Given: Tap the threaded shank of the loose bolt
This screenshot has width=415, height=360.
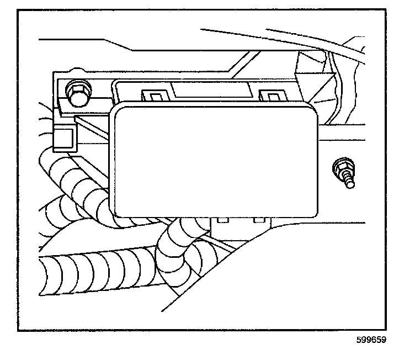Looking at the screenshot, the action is tap(348, 182).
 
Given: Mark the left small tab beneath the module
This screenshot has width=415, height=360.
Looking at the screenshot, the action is tap(223, 220).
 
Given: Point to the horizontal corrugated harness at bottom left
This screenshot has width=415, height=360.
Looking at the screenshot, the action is tap(94, 271).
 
